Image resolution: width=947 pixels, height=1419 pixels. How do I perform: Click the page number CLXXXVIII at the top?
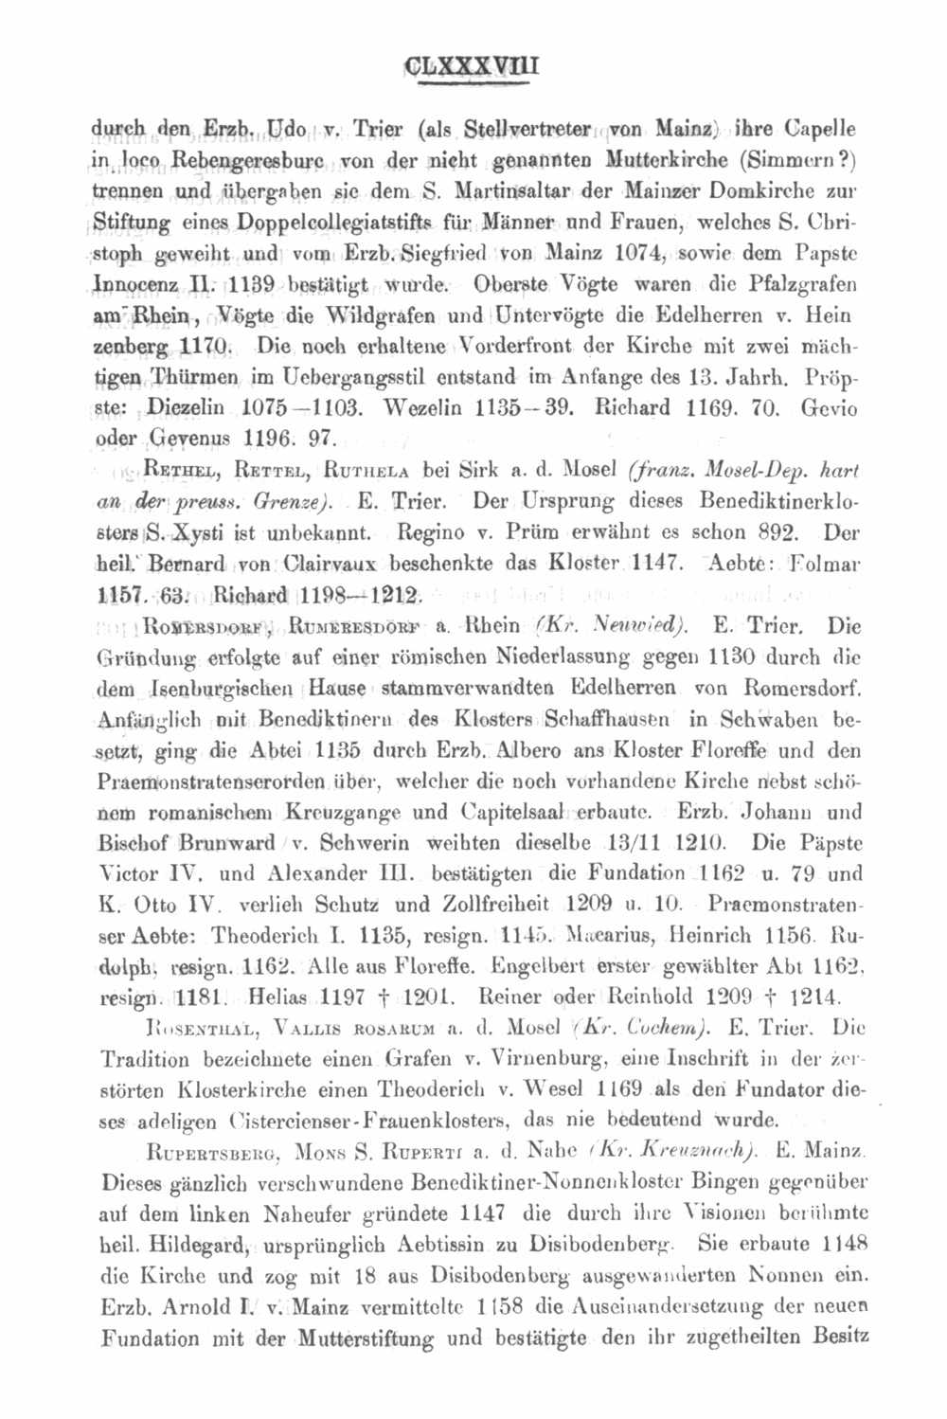[x=471, y=68]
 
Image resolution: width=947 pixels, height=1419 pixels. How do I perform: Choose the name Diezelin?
[x=186, y=408]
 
